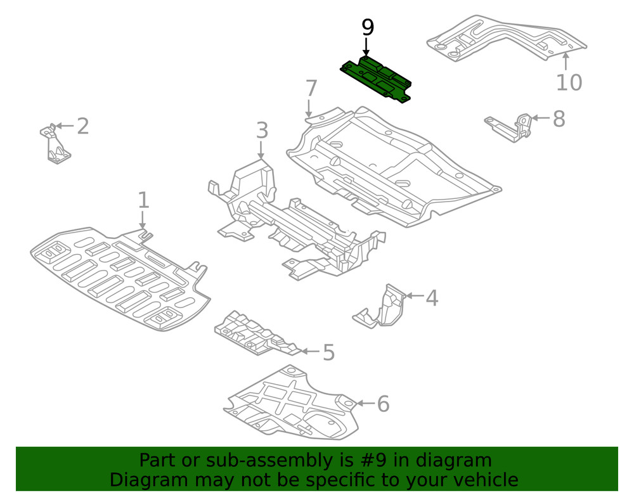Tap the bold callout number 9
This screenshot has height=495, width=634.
(x=368, y=27)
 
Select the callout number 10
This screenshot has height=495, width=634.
(x=569, y=82)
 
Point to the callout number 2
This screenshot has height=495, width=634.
(x=82, y=126)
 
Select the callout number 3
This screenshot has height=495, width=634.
(x=262, y=131)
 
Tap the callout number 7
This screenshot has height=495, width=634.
(x=310, y=87)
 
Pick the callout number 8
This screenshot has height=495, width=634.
(x=558, y=119)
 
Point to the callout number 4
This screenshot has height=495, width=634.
(x=431, y=297)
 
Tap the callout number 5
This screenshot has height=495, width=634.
(x=328, y=352)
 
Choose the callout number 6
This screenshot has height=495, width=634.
(x=382, y=404)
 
